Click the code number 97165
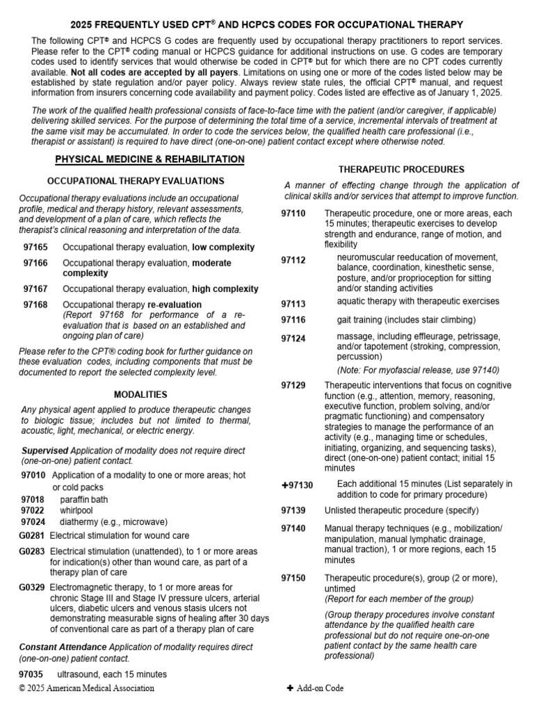35,247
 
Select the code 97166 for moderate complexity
35,263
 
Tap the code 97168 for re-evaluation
35,305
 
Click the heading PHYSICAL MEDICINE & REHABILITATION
149,160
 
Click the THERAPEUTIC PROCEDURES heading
401,169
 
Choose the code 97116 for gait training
293,320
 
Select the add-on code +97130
298,485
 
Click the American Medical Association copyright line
87,688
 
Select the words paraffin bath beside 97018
84,499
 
